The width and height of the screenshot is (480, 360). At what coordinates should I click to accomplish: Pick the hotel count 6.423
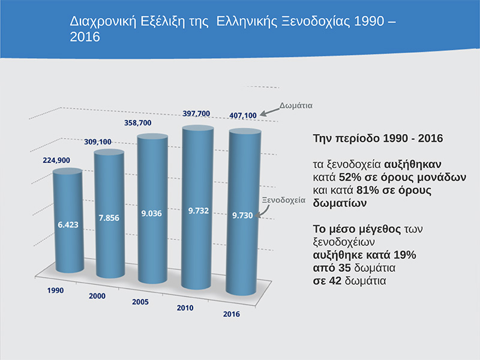(68, 225)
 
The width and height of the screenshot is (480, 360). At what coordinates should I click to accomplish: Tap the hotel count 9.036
(154, 213)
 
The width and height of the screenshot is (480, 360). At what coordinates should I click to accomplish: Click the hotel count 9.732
(198, 211)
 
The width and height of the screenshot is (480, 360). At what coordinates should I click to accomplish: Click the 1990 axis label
(55, 290)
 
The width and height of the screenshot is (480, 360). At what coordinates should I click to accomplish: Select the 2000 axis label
(97, 296)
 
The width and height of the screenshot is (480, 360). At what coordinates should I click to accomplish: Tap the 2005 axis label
(140, 302)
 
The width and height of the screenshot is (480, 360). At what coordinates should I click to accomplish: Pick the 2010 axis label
(185, 308)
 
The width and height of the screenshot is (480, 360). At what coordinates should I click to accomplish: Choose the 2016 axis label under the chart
(232, 314)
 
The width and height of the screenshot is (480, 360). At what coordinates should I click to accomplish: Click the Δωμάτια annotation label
(296, 104)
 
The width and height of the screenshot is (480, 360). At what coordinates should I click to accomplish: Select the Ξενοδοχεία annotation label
(286, 200)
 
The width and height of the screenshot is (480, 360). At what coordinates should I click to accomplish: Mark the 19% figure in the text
(404, 254)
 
